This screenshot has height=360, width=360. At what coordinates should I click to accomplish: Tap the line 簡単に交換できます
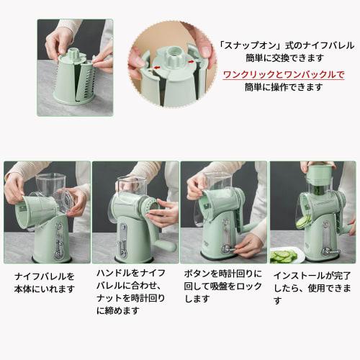pyautogui.click(x=274, y=58)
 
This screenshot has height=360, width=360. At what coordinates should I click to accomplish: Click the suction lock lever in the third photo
pyautogui.click(x=229, y=249)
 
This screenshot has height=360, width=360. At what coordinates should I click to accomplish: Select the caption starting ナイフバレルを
pyautogui.click(x=44, y=282)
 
